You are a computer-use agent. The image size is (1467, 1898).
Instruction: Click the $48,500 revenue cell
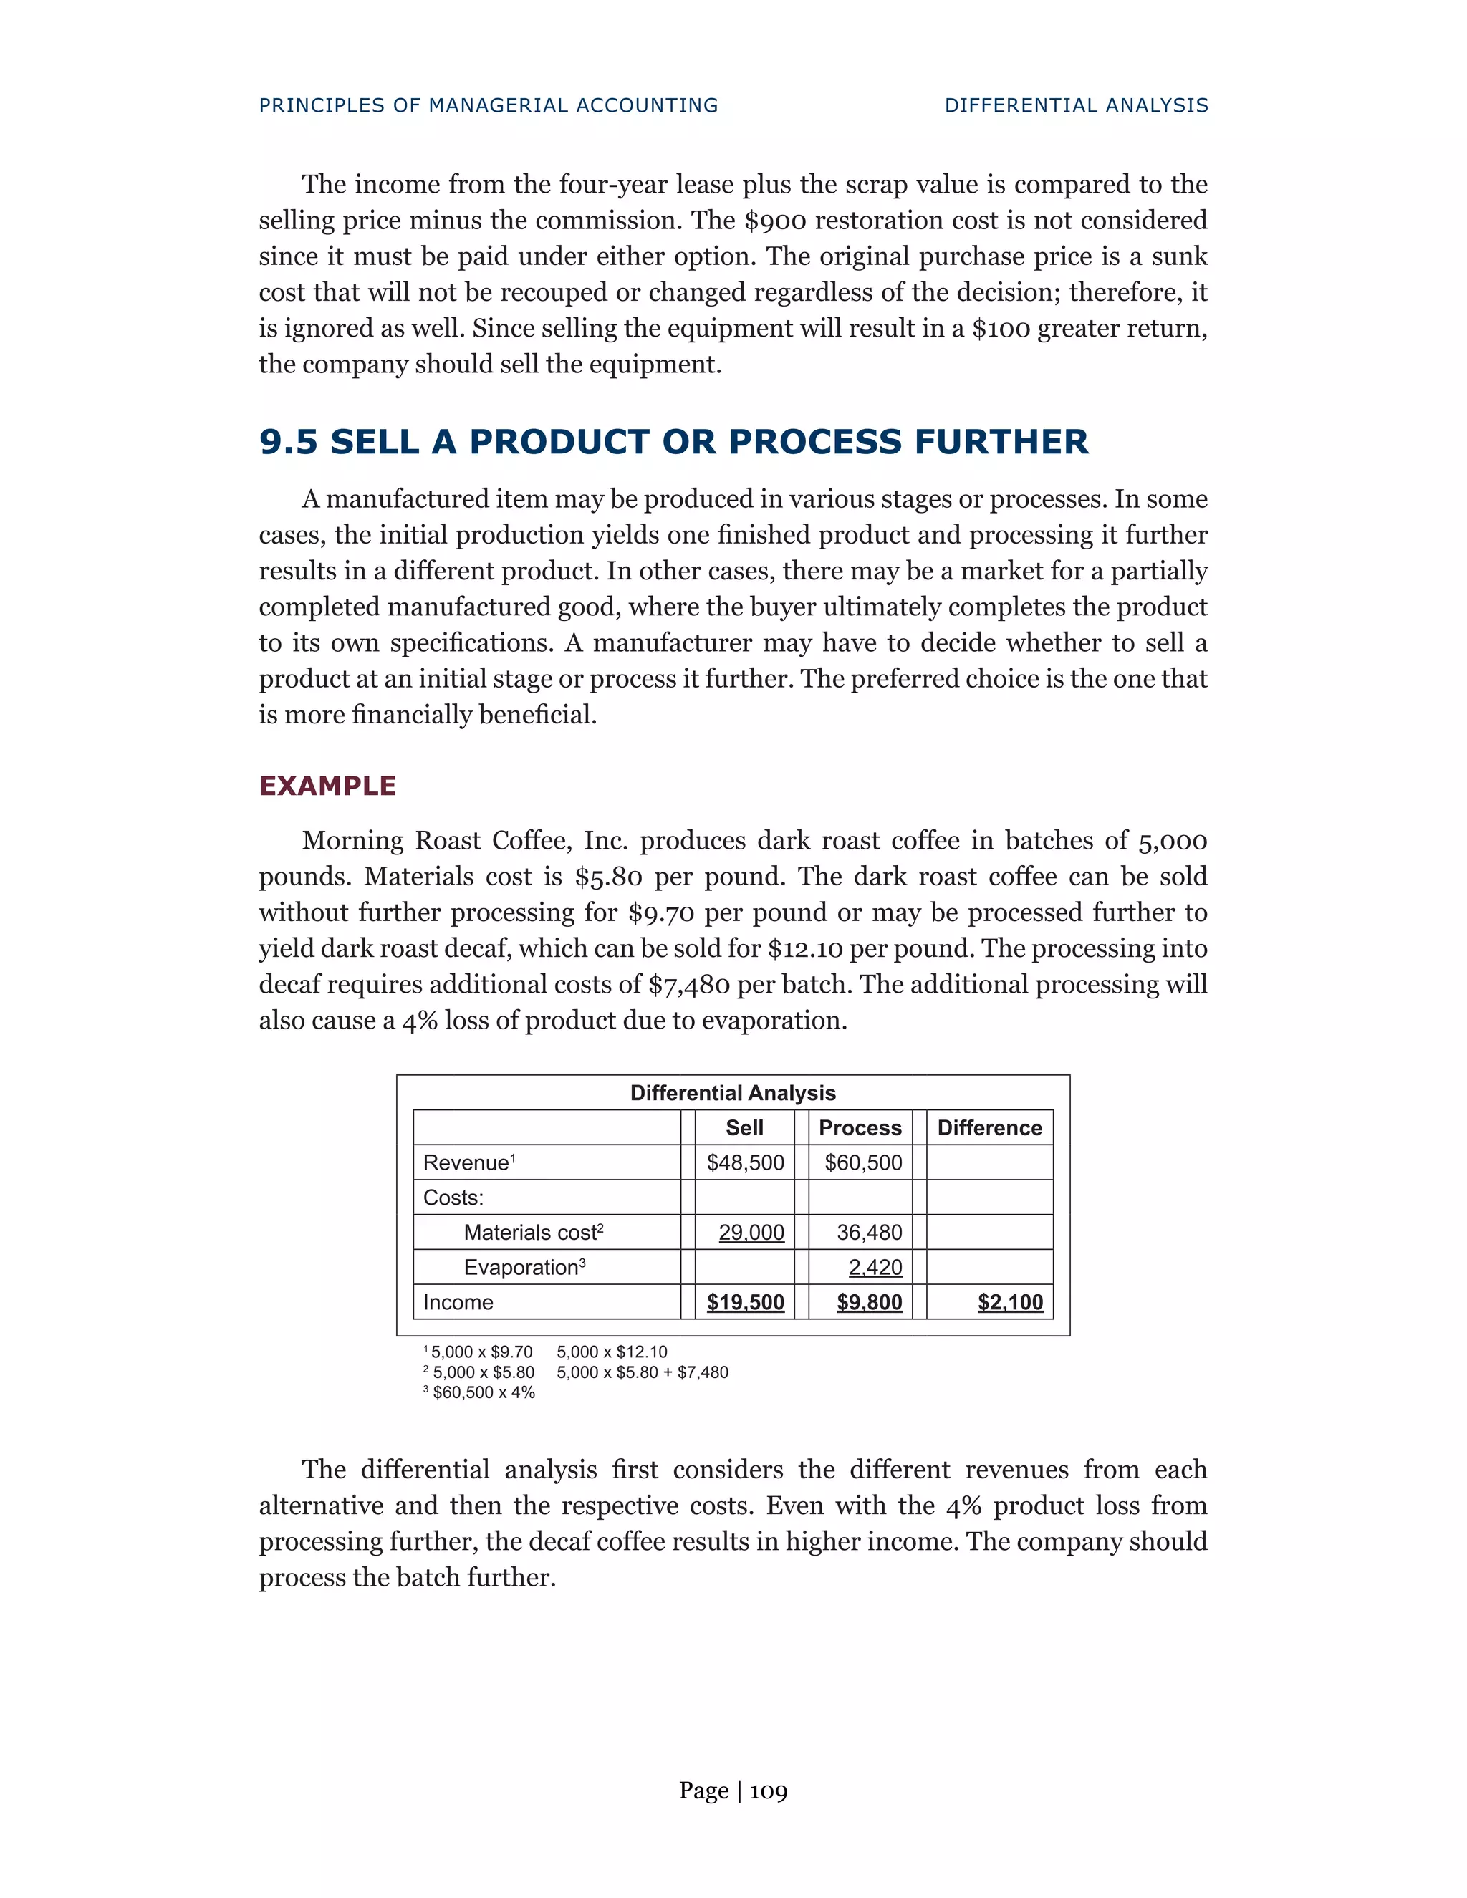745,1162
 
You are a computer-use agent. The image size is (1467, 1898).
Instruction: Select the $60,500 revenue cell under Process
862,1162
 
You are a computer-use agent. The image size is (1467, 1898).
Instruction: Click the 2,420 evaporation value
875,1267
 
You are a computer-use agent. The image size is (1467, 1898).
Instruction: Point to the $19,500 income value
745,1302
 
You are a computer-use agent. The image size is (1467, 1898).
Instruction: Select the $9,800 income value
869,1302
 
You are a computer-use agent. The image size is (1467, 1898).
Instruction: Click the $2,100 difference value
1010,1302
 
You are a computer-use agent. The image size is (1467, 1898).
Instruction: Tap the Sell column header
744,1127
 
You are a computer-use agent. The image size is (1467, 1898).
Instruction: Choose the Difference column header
989,1127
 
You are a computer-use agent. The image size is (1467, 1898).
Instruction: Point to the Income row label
458,1302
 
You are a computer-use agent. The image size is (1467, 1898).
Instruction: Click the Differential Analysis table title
733,1092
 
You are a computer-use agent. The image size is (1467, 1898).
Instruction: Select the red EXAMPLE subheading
327,786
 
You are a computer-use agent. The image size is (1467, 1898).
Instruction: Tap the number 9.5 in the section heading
289,443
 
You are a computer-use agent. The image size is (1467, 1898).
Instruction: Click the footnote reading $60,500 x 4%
484,1392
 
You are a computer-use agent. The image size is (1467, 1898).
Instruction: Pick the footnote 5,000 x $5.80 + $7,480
643,1372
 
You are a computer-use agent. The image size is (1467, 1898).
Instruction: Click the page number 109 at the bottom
769,1791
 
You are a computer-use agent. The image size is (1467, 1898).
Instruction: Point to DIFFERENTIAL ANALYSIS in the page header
1076,105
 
